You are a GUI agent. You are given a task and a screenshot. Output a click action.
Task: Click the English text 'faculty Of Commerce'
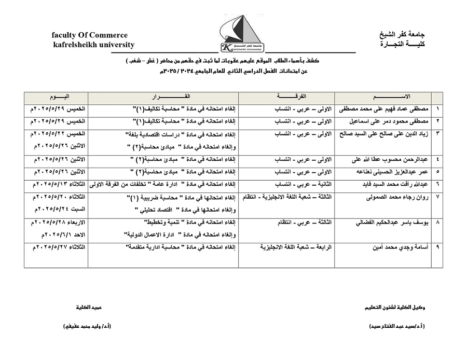[x=89, y=35]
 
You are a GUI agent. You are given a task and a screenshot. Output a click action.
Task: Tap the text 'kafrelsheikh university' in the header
[x=93, y=45]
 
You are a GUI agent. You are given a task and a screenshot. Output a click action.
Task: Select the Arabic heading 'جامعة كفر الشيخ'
[x=402, y=35]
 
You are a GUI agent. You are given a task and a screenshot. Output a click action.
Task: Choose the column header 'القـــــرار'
[x=163, y=97]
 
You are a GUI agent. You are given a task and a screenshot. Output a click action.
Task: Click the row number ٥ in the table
[x=437, y=171]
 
